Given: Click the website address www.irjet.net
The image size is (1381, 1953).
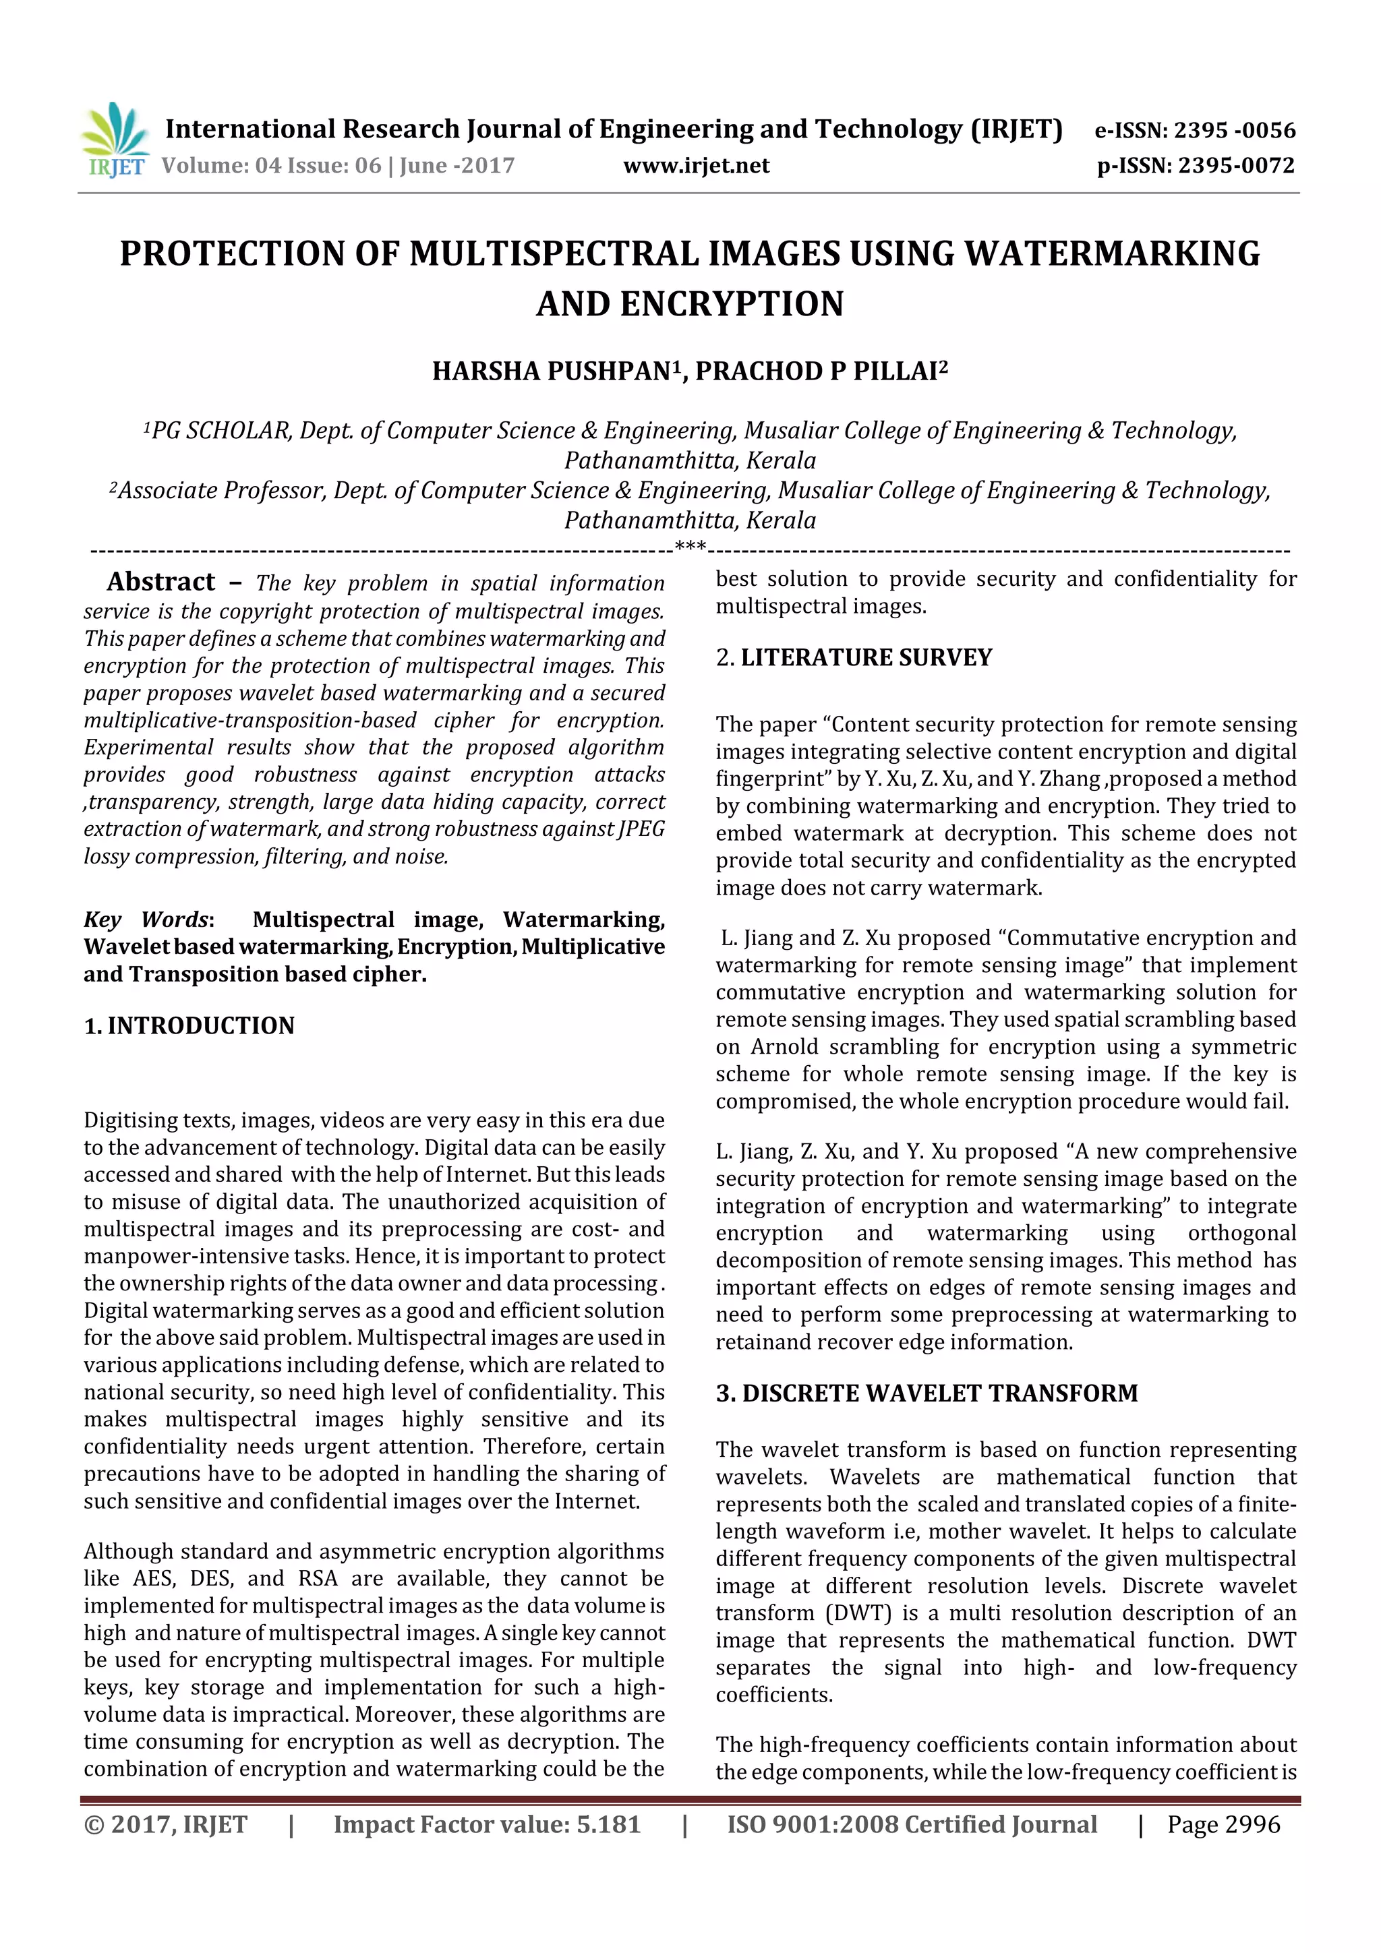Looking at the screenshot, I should (696, 166).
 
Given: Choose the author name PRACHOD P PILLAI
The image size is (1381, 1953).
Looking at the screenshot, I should (816, 371).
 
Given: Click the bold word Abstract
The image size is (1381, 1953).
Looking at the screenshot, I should (160, 582).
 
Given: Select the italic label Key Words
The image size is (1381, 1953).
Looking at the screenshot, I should (146, 920).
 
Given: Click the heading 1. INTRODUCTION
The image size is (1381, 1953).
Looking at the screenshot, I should (189, 1026).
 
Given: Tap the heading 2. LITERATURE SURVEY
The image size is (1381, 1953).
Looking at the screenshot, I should (854, 657).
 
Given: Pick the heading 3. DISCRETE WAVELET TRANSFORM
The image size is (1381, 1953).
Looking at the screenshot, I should (927, 1393).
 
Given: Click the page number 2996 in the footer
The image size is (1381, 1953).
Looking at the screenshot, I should (1248, 1824).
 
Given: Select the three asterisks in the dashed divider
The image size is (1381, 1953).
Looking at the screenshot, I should (690, 546).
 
